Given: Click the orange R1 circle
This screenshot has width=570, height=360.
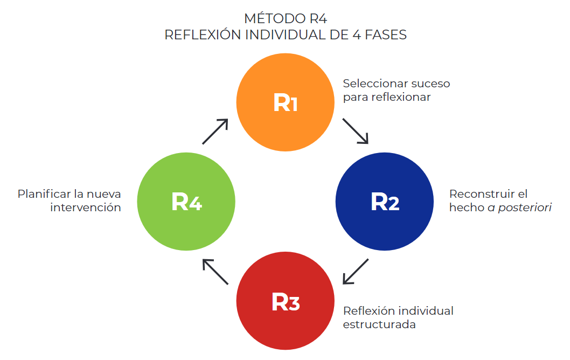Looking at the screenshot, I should click(286, 102).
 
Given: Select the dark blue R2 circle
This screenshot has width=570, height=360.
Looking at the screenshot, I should click(385, 201).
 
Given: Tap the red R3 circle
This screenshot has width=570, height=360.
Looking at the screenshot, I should click(286, 301).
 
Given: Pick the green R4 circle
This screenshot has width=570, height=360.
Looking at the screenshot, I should click(186, 201).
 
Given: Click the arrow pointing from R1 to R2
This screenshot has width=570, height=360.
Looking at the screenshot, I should click(356, 131).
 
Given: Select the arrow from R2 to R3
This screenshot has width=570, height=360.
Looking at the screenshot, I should click(356, 271).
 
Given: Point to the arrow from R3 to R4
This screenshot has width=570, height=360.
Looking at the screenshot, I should click(216, 271).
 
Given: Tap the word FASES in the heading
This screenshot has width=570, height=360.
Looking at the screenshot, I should click(384, 35).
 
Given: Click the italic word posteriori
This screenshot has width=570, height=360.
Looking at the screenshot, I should click(525, 207).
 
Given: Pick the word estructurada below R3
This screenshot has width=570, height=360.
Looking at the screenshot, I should click(379, 325).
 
